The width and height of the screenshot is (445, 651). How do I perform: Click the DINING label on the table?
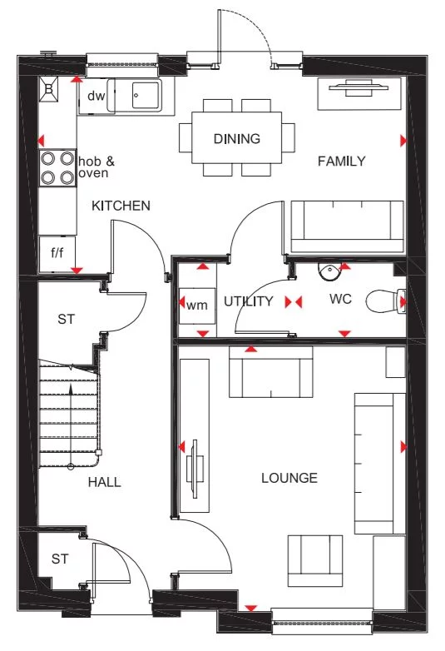tap(236, 139)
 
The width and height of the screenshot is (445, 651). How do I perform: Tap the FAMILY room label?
tap(341, 162)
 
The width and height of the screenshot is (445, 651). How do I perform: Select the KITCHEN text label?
tap(121, 206)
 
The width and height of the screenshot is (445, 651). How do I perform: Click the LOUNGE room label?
tap(289, 478)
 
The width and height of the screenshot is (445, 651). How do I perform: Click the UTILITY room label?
tap(248, 301)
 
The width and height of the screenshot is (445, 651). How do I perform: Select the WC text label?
tap(341, 298)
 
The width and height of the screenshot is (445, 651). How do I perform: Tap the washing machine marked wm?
tap(196, 304)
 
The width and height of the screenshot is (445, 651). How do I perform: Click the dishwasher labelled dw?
tap(96, 96)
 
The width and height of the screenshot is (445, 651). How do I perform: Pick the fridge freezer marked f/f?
tap(57, 253)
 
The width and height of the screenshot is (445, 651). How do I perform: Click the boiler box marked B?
tap(48, 89)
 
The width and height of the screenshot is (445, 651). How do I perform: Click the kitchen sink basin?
tap(146, 95)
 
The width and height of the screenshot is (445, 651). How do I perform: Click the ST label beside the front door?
tap(59, 559)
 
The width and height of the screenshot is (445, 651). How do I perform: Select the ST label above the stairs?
tap(67, 319)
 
